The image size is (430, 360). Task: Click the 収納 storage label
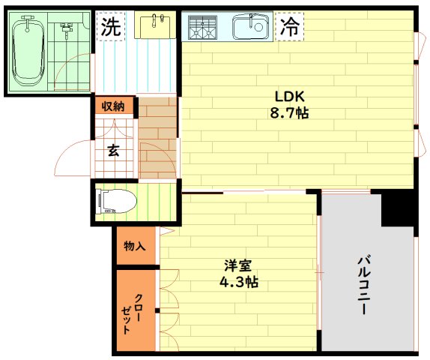click(x=113, y=106)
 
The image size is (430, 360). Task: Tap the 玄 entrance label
click(x=113, y=151)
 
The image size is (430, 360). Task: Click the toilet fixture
click(x=115, y=201)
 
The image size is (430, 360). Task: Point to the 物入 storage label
click(x=134, y=246)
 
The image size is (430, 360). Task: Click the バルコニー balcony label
click(x=366, y=285)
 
